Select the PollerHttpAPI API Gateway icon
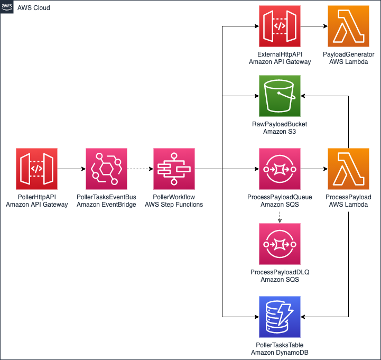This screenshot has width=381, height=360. click(36, 169)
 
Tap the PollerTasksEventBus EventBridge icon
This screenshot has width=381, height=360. click(106, 169)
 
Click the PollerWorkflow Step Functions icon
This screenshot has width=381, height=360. click(174, 169)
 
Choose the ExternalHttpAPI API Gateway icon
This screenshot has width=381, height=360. click(280, 26)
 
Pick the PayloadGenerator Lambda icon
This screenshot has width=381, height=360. click(348, 26)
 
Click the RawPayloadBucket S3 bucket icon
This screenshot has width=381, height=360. click(280, 96)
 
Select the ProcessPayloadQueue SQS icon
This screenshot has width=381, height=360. click(280, 169)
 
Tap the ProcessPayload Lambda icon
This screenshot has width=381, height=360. click(348, 169)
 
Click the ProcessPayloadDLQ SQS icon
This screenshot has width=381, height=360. click(280, 244)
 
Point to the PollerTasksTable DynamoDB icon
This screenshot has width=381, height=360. click(280, 317)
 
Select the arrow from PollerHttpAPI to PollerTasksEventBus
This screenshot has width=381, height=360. click(71, 169)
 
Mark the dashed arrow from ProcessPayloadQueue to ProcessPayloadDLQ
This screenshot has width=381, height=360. click(280, 216)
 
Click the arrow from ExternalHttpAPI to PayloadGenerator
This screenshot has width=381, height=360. click(314, 26)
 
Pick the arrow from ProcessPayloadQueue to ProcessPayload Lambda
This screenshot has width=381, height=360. click(314, 169)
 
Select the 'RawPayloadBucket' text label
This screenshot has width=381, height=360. click(280, 124)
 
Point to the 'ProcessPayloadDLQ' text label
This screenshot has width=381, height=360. click(280, 272)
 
